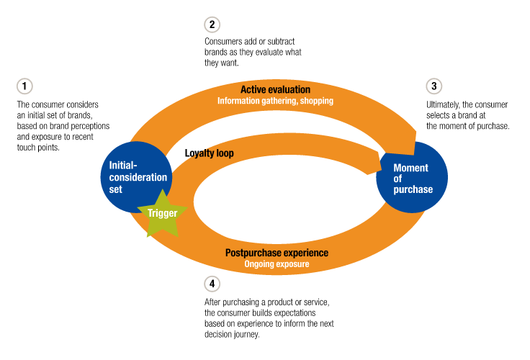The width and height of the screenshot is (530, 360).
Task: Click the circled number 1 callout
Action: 24,86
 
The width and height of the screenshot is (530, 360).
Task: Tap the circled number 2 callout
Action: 212,24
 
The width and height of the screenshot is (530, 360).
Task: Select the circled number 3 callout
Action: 434,86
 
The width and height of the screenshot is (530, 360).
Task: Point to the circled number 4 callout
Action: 212,284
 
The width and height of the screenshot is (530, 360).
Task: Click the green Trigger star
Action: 163,214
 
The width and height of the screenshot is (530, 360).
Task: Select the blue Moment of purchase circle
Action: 412,177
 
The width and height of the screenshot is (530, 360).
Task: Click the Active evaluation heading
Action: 275,89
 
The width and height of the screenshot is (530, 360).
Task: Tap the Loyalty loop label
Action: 210,153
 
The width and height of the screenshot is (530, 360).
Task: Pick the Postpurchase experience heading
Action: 277,253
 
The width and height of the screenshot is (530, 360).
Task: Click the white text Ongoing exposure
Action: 277,264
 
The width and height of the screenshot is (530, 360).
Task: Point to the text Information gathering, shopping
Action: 275,101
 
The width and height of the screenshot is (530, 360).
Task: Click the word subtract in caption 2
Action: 281,41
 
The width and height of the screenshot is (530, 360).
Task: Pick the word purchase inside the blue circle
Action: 413,189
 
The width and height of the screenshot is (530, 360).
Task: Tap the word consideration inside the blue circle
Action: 138,177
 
